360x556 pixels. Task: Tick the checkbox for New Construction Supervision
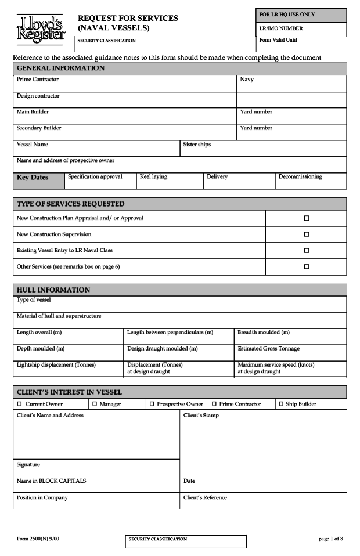307,234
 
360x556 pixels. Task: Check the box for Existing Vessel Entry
307,251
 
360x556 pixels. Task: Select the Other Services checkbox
307,267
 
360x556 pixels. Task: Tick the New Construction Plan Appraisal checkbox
307,218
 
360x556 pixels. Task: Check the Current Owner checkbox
19,404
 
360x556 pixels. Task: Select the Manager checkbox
94,404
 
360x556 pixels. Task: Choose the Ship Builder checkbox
280,404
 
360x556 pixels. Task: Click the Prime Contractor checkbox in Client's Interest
214,404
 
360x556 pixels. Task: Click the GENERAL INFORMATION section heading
61,68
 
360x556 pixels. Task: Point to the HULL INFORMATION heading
53,290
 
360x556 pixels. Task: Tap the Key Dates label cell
33,178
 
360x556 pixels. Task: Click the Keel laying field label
153,177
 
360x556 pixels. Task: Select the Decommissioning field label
300,177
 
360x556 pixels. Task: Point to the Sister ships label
197,145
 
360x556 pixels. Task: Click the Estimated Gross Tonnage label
268,349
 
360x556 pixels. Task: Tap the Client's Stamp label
201,416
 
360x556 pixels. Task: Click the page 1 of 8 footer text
330,539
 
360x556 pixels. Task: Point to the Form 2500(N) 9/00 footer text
38,539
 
